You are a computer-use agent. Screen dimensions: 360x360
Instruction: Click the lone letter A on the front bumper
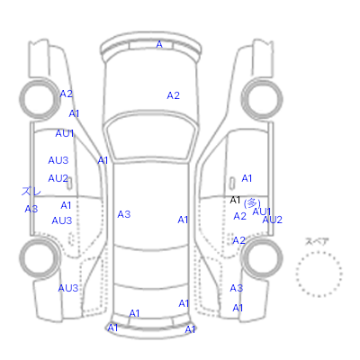pos(159,44)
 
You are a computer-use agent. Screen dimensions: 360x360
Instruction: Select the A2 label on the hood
pos(173,95)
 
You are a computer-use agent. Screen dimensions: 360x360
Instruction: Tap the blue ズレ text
pos(31,191)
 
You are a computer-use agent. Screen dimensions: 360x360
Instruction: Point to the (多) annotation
pos(252,203)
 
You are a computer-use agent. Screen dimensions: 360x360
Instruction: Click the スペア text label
pos(317,241)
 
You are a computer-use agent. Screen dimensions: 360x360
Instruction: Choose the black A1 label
pos(235,200)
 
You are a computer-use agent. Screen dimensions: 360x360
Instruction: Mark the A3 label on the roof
pos(124,214)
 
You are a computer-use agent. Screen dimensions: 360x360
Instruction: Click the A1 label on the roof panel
pos(183,220)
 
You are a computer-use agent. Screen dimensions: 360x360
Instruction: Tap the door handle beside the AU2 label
pos(69,184)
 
